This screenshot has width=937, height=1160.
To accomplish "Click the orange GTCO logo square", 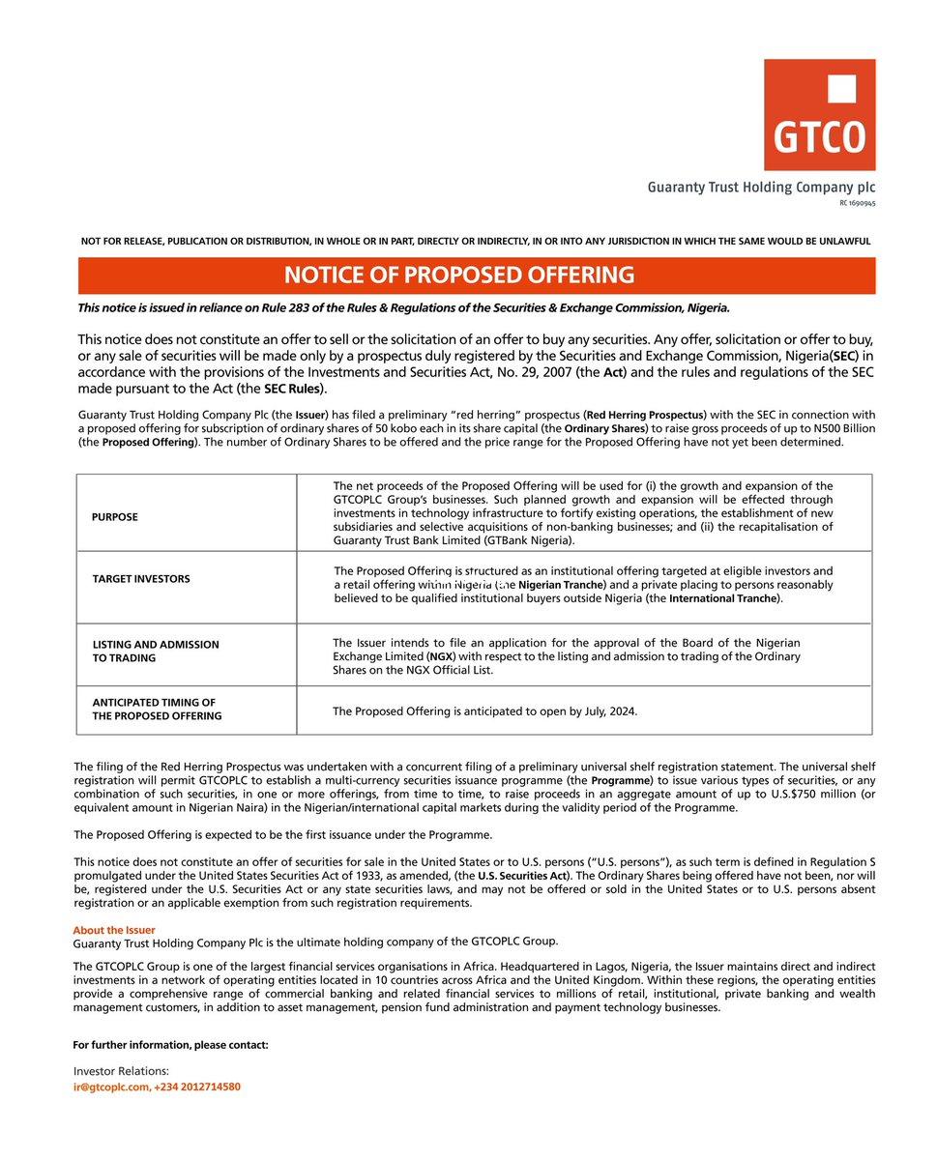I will [x=819, y=114].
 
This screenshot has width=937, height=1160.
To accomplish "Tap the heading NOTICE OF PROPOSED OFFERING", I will [x=459, y=275].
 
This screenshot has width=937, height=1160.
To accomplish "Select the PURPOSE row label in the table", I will [x=115, y=517].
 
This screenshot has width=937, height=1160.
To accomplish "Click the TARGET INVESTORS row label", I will [x=141, y=579].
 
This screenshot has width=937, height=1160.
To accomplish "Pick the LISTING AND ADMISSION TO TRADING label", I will [x=156, y=652].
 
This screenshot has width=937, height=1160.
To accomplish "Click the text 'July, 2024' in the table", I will [x=606, y=711].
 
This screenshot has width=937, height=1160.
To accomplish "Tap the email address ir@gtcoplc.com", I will [x=111, y=1087].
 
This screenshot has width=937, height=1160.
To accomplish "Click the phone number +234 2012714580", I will [x=197, y=1087].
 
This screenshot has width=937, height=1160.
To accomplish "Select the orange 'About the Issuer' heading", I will [x=114, y=930].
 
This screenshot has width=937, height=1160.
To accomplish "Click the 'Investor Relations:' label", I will [x=121, y=1071].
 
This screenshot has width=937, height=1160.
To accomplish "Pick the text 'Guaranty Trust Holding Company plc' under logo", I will [x=761, y=188].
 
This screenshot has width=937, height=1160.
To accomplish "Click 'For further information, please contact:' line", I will [x=171, y=1045].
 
